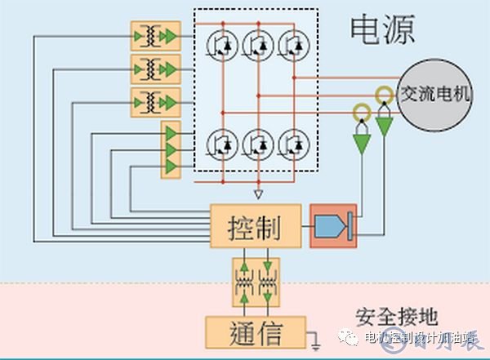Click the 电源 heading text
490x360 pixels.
pos(382,29)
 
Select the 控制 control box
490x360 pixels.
pos(256,224)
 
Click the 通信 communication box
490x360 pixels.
pos(256,332)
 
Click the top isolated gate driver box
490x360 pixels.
pos(155,37)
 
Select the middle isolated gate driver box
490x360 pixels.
pos(155,69)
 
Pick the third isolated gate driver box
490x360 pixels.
pos(155,101)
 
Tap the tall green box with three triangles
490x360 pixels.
pos(171,149)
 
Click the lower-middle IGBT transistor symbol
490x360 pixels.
pos(259,144)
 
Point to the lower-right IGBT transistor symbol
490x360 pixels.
pos(293,144)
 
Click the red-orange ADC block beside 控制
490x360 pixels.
pos(332,225)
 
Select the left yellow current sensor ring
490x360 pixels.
pos(359,112)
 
